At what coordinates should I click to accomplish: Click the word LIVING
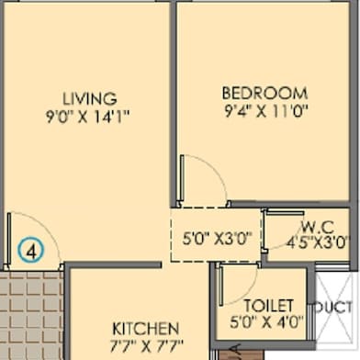[90, 98]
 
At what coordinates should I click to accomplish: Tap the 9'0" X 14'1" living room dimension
[88, 117]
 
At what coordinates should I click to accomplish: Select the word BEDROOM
[264, 93]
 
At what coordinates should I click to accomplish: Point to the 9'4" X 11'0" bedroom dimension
[266, 111]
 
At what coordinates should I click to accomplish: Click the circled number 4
[30, 250]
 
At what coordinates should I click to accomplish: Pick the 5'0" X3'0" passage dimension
[217, 238]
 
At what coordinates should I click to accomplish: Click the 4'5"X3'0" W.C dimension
[318, 242]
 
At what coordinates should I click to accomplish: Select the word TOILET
[268, 306]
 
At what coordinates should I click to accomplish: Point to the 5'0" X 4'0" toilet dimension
[266, 321]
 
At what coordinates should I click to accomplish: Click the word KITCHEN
[145, 329]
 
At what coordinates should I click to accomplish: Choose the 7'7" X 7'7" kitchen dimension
[146, 346]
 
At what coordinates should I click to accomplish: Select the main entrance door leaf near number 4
[9, 239]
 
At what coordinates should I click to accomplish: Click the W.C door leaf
[285, 213]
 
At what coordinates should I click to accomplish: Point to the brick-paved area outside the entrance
[31, 315]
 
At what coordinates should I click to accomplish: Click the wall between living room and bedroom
[174, 104]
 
